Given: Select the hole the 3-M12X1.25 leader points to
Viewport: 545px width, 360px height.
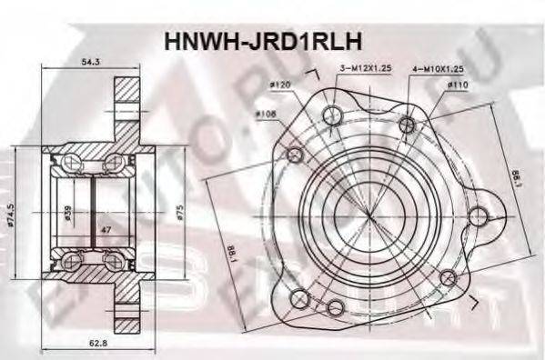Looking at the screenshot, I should (x=332, y=115).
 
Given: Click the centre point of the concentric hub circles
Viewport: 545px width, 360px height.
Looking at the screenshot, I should (x=350, y=214).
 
